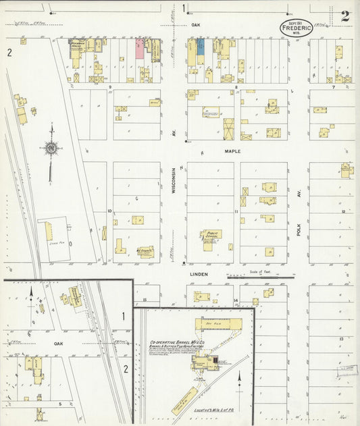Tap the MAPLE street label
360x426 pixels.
click(x=232, y=151)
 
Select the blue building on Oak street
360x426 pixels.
click(x=200, y=47)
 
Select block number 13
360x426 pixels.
click(x=342, y=338)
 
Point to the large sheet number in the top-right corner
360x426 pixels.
click(x=345, y=17)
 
